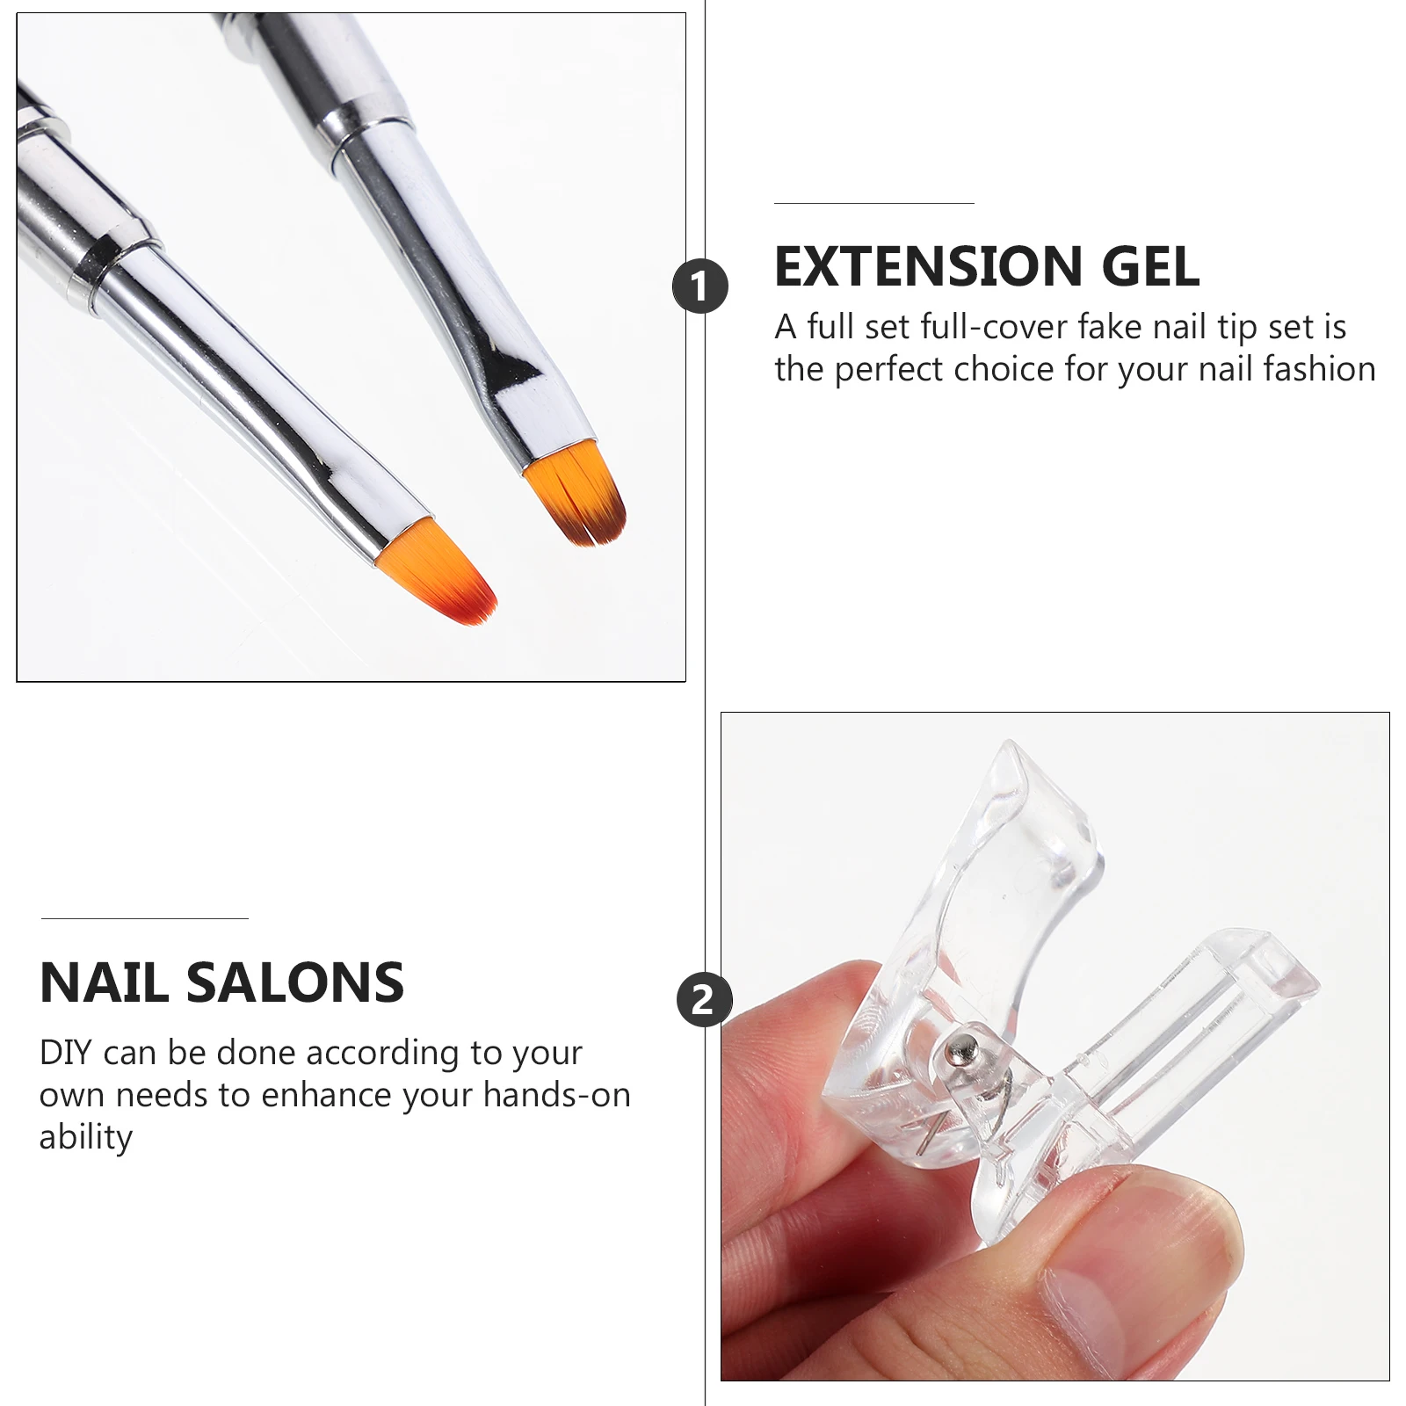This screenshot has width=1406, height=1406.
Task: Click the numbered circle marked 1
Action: click(699, 286)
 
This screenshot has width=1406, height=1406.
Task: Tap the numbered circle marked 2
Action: click(703, 999)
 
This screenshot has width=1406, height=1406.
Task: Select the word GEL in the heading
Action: click(1150, 266)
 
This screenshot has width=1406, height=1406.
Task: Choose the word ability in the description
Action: click(85, 1137)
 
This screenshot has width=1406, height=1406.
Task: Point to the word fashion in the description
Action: click(1319, 369)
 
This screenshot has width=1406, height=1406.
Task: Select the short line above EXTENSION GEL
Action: click(873, 203)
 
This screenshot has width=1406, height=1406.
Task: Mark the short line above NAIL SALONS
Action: click(144, 918)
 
